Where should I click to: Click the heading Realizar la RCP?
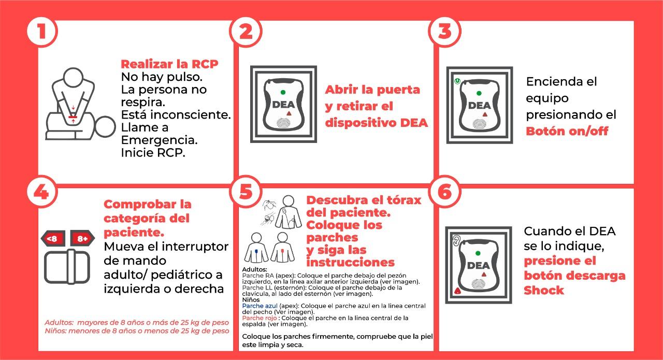pyautogui.click(x=169, y=64)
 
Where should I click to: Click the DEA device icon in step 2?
pyautogui.click(x=283, y=104)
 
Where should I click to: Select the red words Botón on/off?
pyautogui.click(x=567, y=131)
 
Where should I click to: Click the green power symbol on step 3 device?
pyautogui.click(x=457, y=81)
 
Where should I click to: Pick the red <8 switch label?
pyautogui.click(x=52, y=239)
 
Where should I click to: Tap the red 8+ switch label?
pyautogui.click(x=82, y=239)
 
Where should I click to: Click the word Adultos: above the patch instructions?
pyautogui.click(x=255, y=269)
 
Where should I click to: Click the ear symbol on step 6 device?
pyautogui.click(x=456, y=240)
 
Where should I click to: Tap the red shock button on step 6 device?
pyautogui.click(x=457, y=291)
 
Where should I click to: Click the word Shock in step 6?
pyautogui.click(x=544, y=290)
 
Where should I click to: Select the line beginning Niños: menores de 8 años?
pyautogui.click(x=137, y=330)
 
